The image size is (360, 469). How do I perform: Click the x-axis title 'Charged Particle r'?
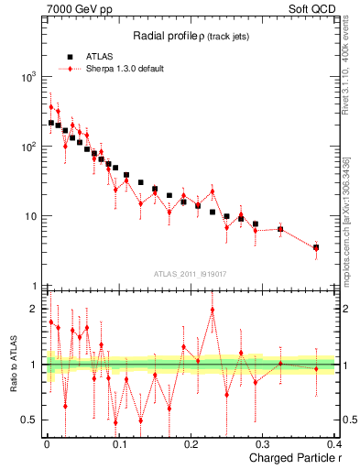pyautogui.click(x=289, y=458)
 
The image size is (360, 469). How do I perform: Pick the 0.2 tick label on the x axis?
pyautogui.click(x=191, y=443)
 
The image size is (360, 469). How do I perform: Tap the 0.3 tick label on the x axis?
pyautogui.click(x=262, y=443)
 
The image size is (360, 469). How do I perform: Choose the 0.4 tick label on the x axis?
pyautogui.click(x=333, y=443)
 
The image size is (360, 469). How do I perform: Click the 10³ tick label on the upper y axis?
pyautogui.click(x=29, y=77)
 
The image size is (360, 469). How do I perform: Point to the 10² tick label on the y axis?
pyautogui.click(x=29, y=147)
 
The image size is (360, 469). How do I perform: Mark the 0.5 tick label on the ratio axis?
pyautogui.click(x=31, y=420)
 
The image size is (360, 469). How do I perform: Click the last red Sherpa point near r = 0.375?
pyautogui.click(x=316, y=248)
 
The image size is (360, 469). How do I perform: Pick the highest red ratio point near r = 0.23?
pyautogui.click(x=213, y=310)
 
